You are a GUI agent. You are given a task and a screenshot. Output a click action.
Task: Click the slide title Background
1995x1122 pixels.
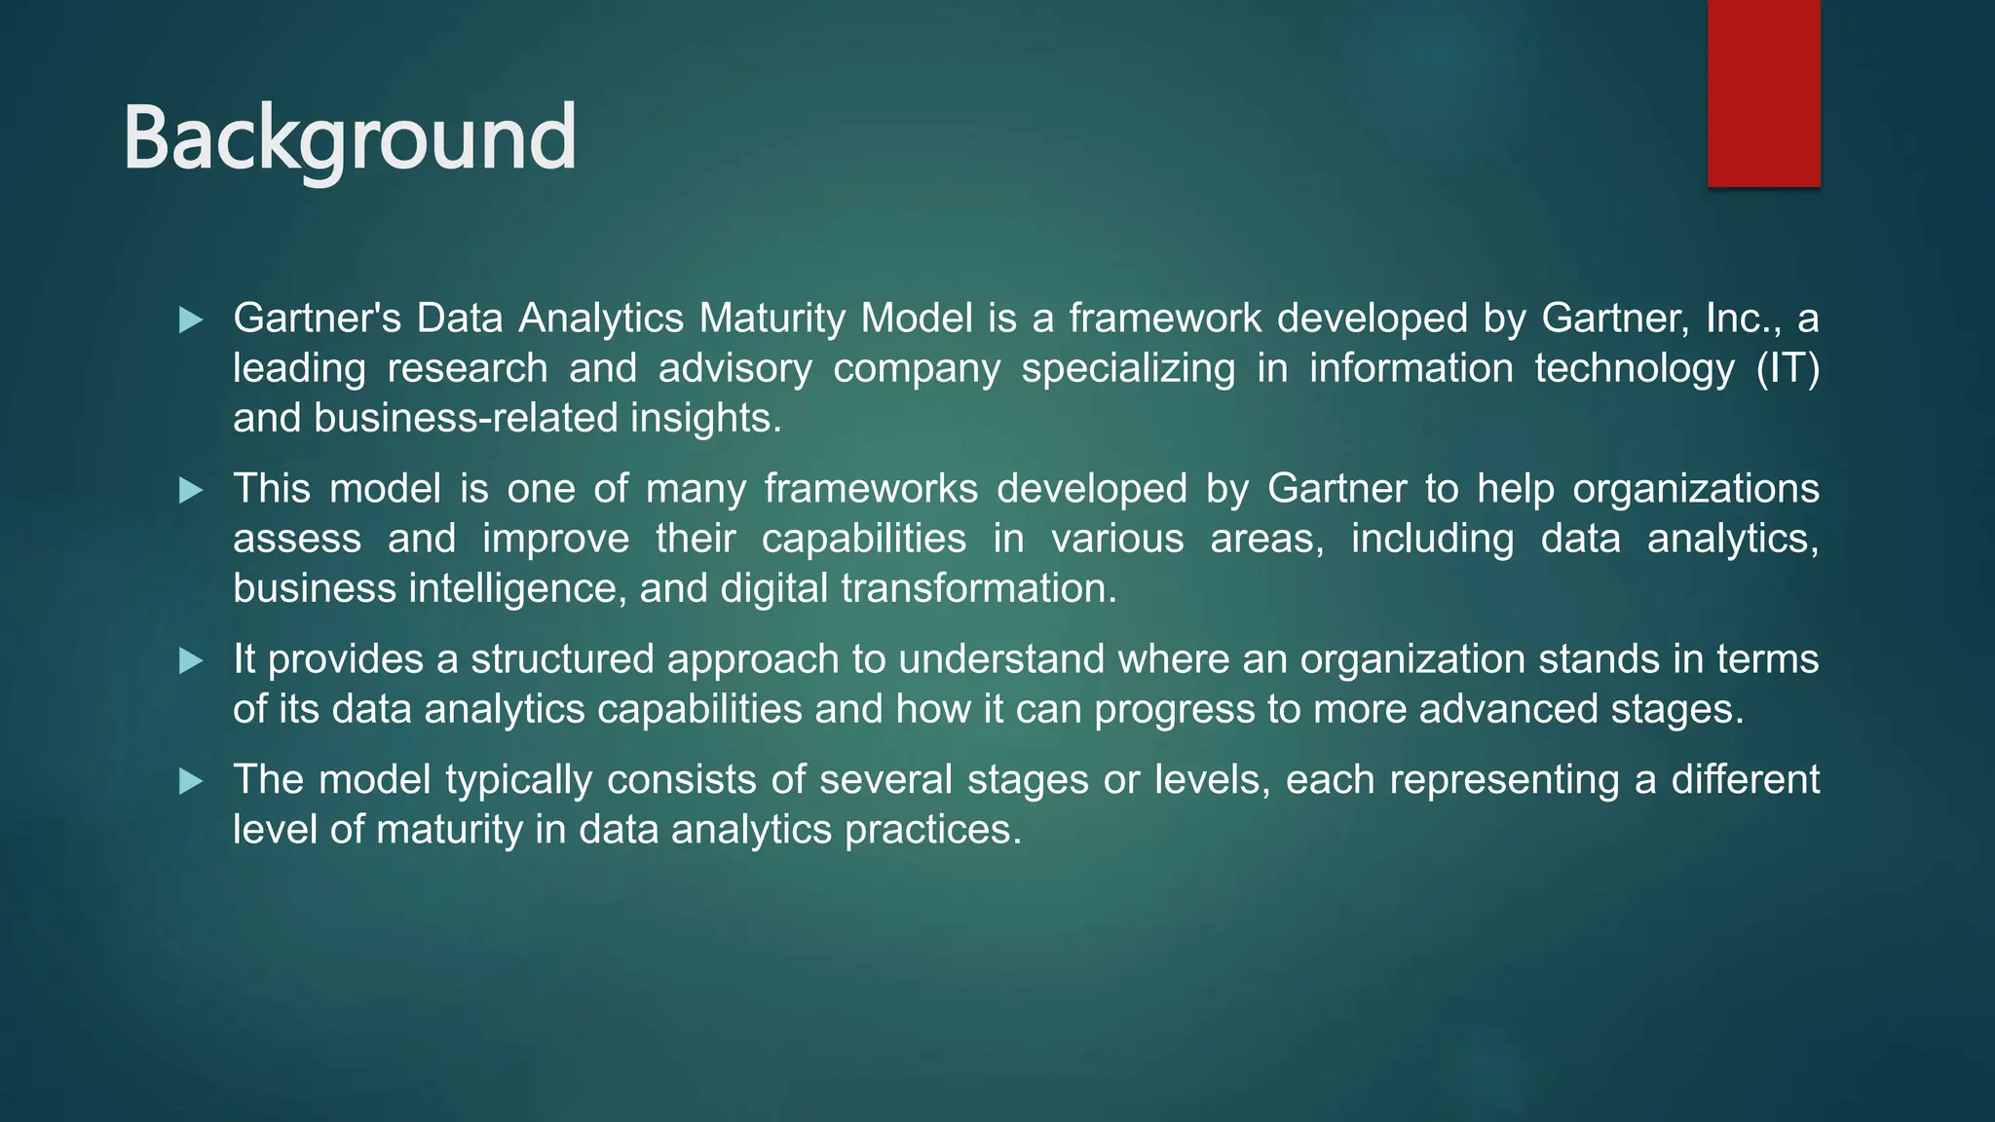(x=350, y=138)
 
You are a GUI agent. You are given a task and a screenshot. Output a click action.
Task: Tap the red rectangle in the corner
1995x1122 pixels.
(x=1763, y=93)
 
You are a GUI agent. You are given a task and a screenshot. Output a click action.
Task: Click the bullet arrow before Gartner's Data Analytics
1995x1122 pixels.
(x=191, y=319)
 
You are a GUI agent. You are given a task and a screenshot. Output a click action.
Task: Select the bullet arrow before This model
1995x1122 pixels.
(x=191, y=490)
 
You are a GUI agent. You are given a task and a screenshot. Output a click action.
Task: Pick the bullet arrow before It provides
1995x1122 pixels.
(x=191, y=661)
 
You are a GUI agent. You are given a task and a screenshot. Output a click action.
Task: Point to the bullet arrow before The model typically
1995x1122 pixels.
(x=191, y=781)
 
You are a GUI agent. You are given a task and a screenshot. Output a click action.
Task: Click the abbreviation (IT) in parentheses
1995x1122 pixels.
(x=1788, y=369)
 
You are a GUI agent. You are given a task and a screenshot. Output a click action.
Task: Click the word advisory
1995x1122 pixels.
(x=734, y=369)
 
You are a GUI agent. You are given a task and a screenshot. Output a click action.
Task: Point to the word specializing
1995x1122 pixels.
(x=1128, y=369)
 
